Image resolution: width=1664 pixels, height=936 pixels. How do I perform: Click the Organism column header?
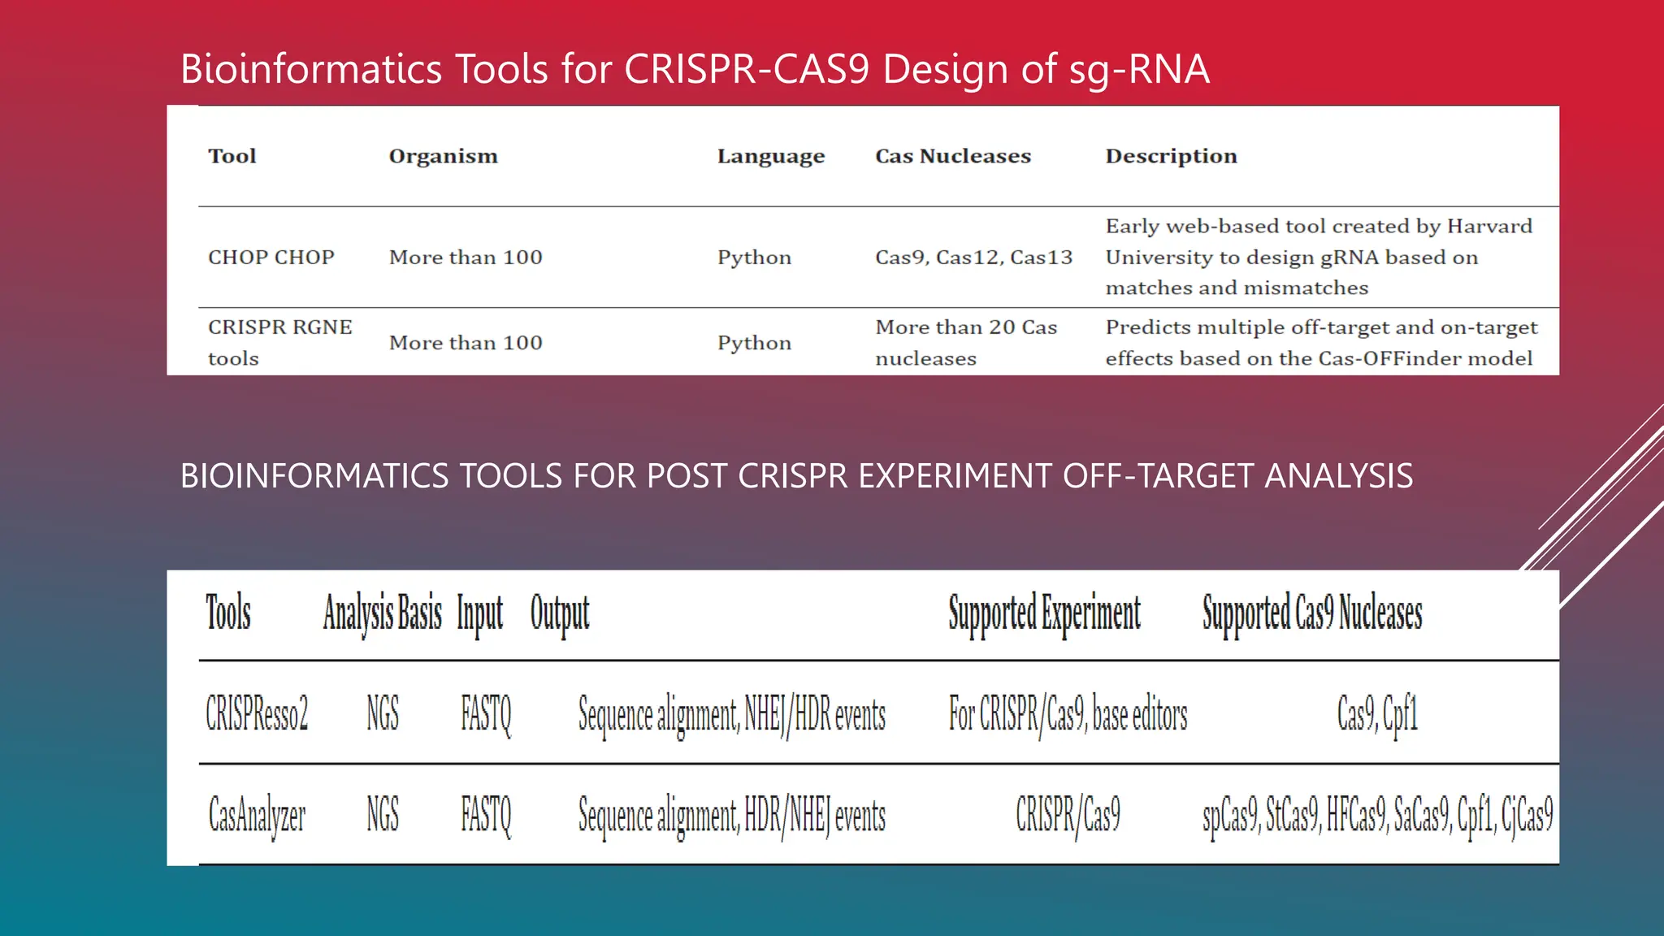pos(443,156)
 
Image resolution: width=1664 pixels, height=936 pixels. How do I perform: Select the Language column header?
pos(770,156)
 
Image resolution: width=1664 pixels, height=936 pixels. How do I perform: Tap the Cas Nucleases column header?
pos(952,156)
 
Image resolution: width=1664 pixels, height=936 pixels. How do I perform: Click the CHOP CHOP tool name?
pos(271,258)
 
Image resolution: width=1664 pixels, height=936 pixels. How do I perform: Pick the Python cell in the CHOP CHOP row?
pos(753,258)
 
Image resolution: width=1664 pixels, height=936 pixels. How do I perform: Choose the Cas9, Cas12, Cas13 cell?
pos(973,258)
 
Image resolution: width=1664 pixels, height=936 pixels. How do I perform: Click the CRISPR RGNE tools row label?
pos(279,342)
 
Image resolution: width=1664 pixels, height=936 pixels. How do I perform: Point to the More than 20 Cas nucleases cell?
pos(965,342)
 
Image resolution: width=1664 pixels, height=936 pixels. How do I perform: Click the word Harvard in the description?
pos(1489,226)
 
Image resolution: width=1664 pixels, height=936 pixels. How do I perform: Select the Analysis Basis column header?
pos(382,613)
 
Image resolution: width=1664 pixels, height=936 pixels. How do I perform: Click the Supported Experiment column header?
pos(1044,613)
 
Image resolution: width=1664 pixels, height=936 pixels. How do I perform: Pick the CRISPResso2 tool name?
pos(257,714)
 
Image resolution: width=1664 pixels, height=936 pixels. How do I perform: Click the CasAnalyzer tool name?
pos(257,815)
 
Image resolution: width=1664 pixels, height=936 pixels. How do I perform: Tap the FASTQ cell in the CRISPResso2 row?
pos(486,714)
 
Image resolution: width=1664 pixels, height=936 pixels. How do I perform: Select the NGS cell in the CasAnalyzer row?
pos(383,815)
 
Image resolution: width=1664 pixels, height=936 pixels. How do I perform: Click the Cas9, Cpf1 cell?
pos(1377,714)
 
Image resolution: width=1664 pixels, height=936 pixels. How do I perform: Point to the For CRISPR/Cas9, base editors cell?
pos(1068,714)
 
